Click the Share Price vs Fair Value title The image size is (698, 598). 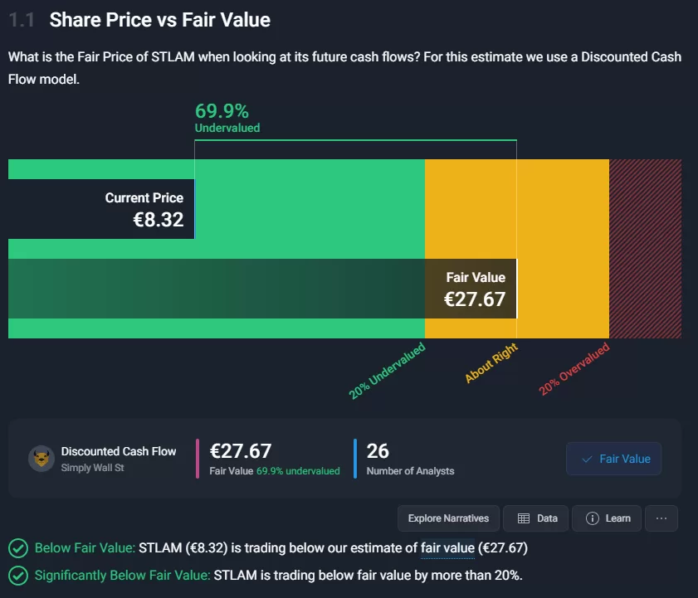pos(159,20)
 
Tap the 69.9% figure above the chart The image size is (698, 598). pos(222,110)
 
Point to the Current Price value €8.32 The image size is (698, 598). pos(159,219)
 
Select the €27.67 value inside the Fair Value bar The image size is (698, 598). pos(474,299)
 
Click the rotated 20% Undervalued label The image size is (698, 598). pos(387,371)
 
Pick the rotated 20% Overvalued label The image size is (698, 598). pos(574,368)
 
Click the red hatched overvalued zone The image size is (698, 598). pos(645,248)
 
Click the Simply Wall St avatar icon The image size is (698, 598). pos(41,459)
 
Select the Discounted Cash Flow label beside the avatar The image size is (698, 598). pos(119,451)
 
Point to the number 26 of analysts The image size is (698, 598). pos(378,450)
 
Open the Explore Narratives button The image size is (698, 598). pos(448,518)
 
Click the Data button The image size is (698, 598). pos(537,518)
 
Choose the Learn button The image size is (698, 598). pos(608,518)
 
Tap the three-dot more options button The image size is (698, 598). pos(661,518)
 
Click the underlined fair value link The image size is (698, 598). pos(447,547)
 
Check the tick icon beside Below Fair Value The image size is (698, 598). pos(17,547)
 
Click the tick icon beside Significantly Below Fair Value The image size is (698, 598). pos(17,575)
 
